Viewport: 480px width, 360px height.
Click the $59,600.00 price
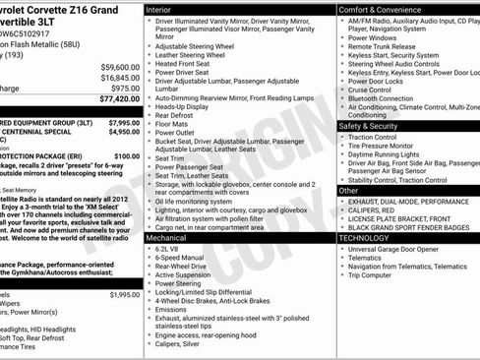tap(120, 67)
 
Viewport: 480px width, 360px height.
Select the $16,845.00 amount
tap(120, 78)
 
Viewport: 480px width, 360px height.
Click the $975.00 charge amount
tap(125, 89)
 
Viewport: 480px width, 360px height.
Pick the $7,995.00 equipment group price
tap(123, 123)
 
